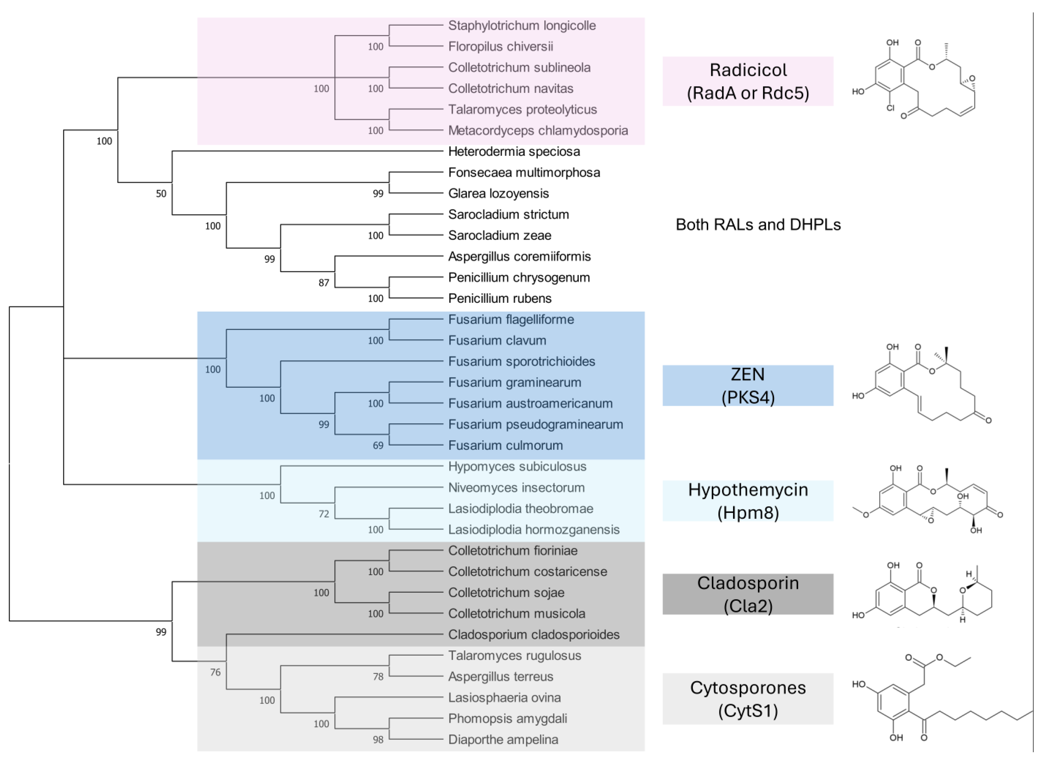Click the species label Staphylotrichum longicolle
tap(522, 25)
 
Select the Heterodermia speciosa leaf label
tap(514, 151)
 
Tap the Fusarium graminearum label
tap(514, 382)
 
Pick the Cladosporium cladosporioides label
tap(534, 634)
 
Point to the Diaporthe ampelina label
tap(503, 739)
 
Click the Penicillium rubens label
tap(500, 298)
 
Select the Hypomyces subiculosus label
tap(517, 466)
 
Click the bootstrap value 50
tap(161, 194)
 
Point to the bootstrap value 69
tap(378, 445)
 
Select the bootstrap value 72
tap(324, 514)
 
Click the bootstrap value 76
tap(215, 672)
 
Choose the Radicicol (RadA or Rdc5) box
tap(747, 81)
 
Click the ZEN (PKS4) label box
tap(747, 386)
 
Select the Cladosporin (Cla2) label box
tap(747, 594)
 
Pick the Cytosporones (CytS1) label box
tap(747, 699)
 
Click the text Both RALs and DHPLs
tap(758, 225)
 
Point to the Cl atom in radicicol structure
tap(890, 108)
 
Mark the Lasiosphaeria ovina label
tap(504, 697)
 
